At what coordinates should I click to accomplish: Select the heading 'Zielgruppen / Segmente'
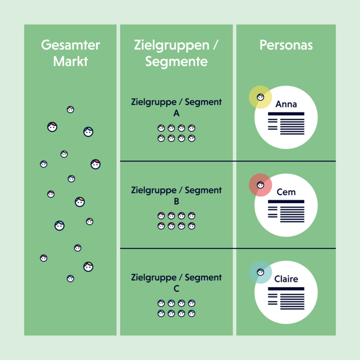pyautogui.click(x=176, y=54)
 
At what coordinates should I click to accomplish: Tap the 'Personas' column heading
pyautogui.click(x=286, y=46)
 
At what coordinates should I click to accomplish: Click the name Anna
pyautogui.click(x=286, y=104)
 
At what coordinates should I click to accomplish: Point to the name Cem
pyautogui.click(x=286, y=192)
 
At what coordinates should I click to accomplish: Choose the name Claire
pyautogui.click(x=286, y=279)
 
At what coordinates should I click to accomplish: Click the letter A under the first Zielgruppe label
pyautogui.click(x=176, y=114)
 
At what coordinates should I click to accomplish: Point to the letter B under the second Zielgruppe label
pyautogui.click(x=176, y=202)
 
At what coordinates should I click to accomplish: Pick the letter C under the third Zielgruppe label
pyautogui.click(x=176, y=289)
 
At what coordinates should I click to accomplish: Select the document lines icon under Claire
pyautogui.click(x=286, y=297)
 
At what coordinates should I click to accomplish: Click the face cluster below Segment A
pyautogui.click(x=176, y=133)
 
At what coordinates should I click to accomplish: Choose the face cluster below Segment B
pyautogui.click(x=176, y=221)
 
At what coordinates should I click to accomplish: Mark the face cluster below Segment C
pyautogui.click(x=176, y=308)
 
